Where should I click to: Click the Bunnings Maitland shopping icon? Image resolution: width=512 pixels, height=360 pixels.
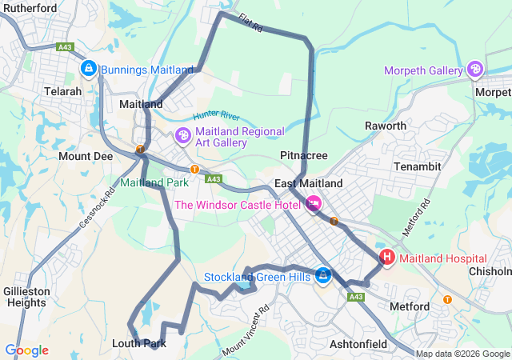(89, 70)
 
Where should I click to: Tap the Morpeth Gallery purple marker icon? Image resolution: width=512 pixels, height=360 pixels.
(476, 70)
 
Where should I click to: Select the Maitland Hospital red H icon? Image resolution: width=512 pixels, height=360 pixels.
(387, 258)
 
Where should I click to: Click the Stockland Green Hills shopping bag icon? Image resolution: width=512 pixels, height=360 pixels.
(322, 276)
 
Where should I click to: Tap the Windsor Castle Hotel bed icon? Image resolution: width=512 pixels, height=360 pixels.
(314, 204)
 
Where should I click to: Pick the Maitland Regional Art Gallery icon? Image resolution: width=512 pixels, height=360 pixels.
(183, 137)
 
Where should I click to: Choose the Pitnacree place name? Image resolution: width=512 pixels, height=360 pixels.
(302, 154)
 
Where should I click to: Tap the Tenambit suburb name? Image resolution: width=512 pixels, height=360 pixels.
(418, 166)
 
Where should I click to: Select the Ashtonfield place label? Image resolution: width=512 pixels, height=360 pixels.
(358, 344)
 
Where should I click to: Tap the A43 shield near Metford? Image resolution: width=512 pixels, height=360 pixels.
(356, 297)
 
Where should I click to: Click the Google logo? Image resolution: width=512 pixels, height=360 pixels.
(26, 350)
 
